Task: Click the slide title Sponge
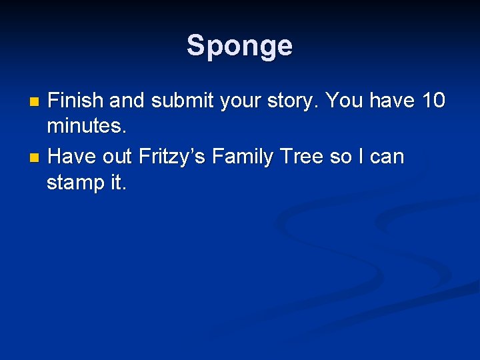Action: coord(239,46)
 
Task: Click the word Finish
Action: coord(76,101)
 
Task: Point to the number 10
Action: coord(433,101)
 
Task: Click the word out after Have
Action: coord(117,157)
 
